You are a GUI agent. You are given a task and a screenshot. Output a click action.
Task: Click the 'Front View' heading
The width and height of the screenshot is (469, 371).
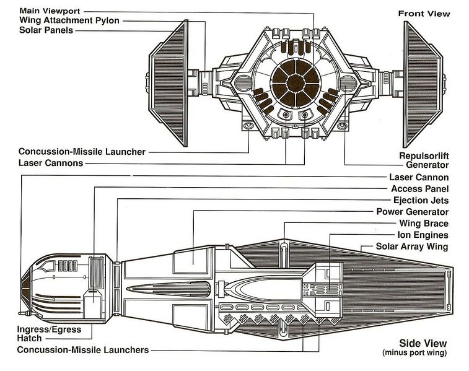[424, 13]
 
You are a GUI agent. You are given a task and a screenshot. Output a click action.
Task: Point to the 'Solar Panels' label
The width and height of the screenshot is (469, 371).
[46, 30]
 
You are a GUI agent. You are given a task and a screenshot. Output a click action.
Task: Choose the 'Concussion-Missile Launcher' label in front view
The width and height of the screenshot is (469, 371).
[82, 151]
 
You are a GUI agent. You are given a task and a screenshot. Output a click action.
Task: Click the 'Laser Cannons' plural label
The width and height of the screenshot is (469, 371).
[51, 164]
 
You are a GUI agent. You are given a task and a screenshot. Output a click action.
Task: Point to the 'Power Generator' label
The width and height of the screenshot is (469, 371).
[413, 212]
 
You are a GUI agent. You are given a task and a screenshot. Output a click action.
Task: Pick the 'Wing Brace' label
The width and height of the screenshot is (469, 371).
[424, 223]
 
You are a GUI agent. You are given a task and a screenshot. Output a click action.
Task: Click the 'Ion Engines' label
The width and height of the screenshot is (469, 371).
[423, 235]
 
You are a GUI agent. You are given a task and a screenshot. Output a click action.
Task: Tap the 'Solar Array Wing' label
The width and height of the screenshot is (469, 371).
[413, 247]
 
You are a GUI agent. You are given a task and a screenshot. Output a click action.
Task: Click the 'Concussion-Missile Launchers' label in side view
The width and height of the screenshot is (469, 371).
[83, 350]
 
